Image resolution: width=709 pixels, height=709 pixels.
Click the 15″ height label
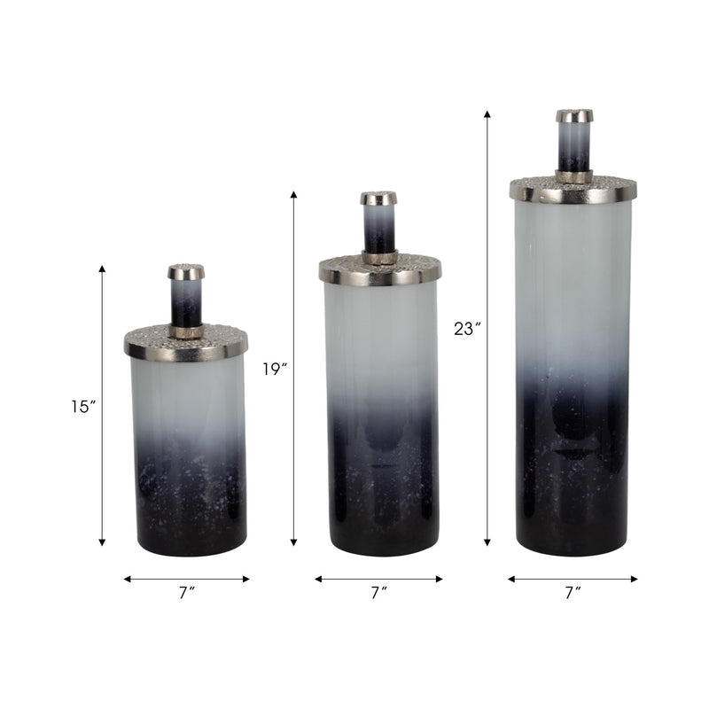click(x=83, y=407)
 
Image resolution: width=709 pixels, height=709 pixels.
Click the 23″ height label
click(x=466, y=329)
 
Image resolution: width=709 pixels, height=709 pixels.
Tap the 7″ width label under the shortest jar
click(x=186, y=594)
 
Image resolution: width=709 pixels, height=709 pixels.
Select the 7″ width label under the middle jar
click(x=378, y=594)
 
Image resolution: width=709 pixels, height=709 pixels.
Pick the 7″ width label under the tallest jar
click(x=573, y=594)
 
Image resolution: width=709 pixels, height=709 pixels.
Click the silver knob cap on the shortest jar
click(x=186, y=271)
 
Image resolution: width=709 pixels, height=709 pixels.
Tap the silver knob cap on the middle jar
click(x=378, y=198)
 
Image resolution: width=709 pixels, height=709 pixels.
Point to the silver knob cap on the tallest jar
click(x=574, y=115)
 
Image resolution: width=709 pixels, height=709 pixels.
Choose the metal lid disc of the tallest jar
click(x=573, y=190)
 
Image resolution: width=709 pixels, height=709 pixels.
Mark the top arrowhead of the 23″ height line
click(x=487, y=114)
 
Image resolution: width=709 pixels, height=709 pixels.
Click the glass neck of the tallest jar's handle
click(x=574, y=145)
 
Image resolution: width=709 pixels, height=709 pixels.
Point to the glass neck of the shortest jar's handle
click(x=186, y=303)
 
